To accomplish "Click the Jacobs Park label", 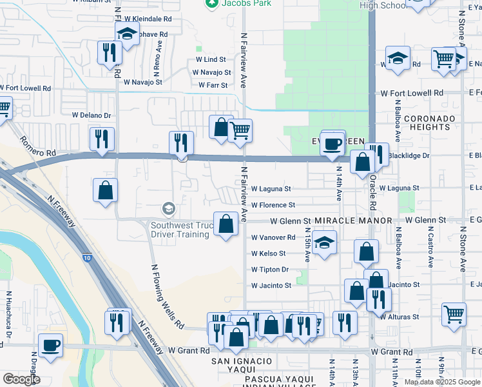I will pos(246,3).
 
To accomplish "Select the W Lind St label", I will pos(211,59).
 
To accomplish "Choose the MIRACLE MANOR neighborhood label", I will pos(353,221).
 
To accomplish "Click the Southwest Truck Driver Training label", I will pos(180,230).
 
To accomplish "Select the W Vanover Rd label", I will pos(273,237).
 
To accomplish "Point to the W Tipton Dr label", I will pos(270,270).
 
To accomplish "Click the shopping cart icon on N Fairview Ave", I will pos(240,131).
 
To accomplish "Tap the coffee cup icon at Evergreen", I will pos(333,143).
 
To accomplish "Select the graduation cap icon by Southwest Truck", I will pos(168,208).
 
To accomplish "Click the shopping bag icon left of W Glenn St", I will pos(226,224).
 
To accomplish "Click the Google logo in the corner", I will pos(21,379).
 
